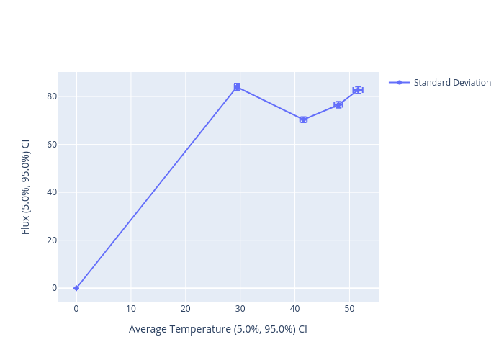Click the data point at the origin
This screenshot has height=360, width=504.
point(76,288)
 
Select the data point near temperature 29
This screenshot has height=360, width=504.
point(237,87)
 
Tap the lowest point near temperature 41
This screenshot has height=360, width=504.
point(303,120)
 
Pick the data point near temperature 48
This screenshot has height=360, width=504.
point(338,104)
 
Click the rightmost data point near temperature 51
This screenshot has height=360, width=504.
point(358,90)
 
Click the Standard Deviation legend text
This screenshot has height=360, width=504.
point(452,83)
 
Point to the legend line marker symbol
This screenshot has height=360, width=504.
point(400,83)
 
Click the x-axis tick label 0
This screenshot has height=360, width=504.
point(76,309)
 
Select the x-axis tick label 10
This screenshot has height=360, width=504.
point(131,309)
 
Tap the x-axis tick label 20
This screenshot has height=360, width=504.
point(186,309)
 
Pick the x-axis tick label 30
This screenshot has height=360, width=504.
point(240,309)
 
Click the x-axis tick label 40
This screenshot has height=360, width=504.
point(295,309)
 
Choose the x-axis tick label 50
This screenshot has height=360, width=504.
point(349,309)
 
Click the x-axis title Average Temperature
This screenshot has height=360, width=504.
point(218,330)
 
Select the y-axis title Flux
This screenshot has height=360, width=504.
point(26,186)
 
